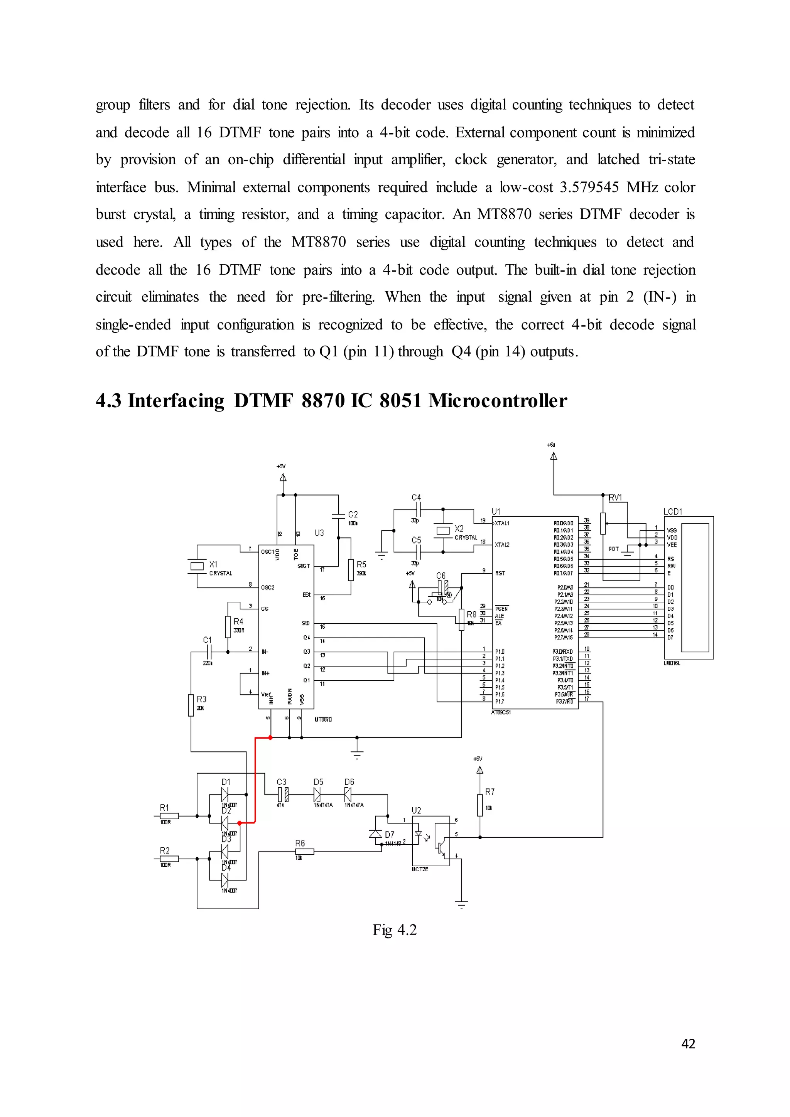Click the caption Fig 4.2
tap(395, 930)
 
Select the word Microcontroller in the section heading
tap(498, 401)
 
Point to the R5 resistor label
tap(361, 564)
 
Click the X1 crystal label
tap(213, 564)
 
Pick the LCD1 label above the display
tap(673, 511)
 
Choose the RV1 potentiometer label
tap(615, 497)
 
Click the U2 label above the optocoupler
tap(416, 810)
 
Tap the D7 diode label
tap(390, 834)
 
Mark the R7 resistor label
tap(490, 792)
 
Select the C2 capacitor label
tap(353, 514)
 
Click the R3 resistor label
tap(201, 699)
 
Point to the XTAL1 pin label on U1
tap(501, 523)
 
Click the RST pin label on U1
tap(500, 573)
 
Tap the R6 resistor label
tap(300, 843)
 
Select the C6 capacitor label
tap(441, 575)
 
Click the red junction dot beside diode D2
tap(239, 823)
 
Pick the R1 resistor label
tap(164, 808)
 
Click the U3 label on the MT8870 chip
tap(319, 533)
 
